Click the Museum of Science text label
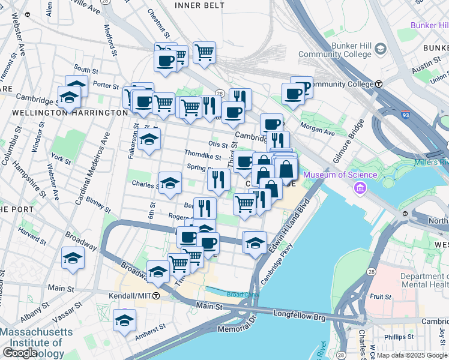[340, 175]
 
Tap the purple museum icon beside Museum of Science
[360, 190]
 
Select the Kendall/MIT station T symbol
[156, 296]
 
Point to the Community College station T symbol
[379, 84]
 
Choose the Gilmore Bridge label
[351, 140]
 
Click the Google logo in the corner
[20, 353]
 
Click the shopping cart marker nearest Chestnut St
[204, 52]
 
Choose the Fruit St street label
[381, 296]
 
